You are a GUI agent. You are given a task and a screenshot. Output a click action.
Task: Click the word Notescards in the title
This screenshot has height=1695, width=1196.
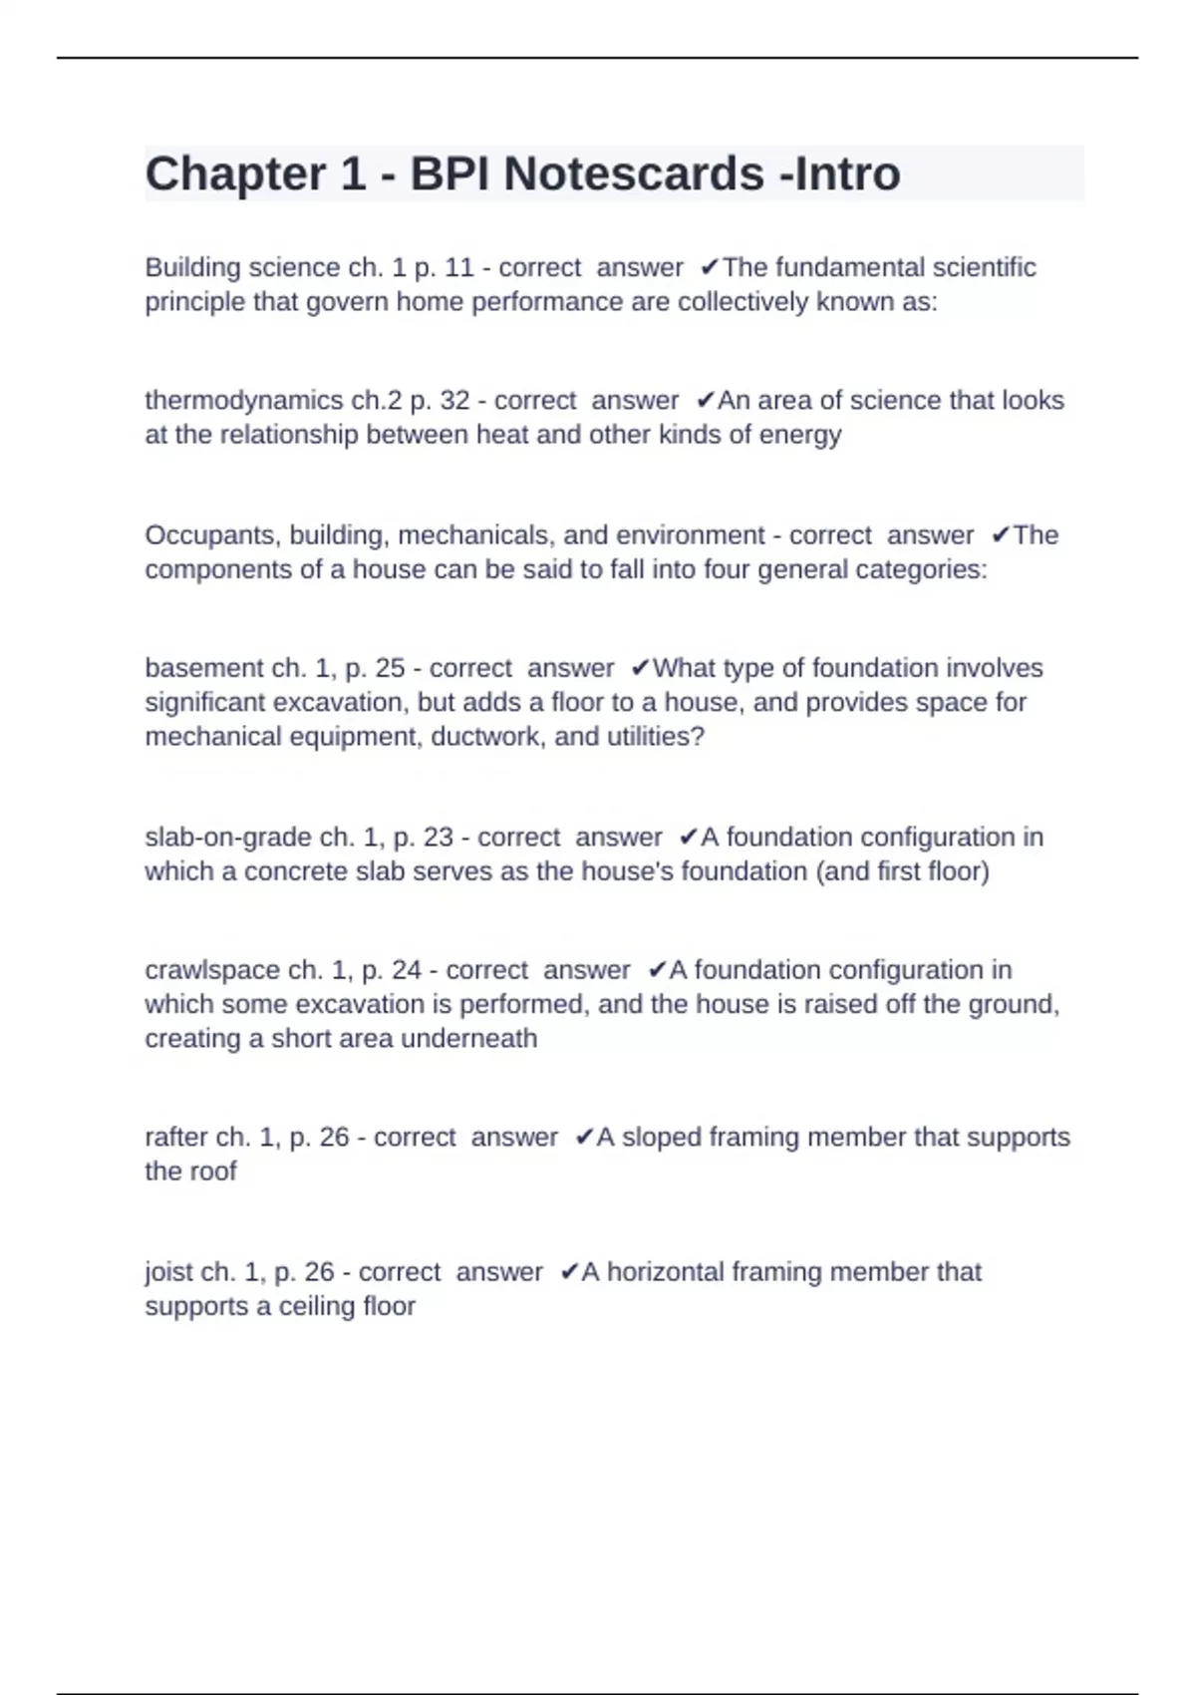pyautogui.click(x=634, y=173)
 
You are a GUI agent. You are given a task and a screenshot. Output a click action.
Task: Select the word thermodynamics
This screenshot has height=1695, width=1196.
pyautogui.click(x=244, y=401)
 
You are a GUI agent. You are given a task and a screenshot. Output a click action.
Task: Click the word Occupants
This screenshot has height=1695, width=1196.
pyautogui.click(x=213, y=535)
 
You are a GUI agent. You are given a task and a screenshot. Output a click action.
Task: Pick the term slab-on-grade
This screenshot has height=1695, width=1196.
pyautogui.click(x=228, y=838)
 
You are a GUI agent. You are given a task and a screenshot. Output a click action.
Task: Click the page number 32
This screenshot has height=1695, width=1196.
pyautogui.click(x=454, y=401)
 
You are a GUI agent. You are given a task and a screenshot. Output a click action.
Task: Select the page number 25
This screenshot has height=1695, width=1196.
pyautogui.click(x=390, y=668)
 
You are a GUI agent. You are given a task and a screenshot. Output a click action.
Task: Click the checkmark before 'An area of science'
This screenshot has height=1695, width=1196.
pyautogui.click(x=706, y=401)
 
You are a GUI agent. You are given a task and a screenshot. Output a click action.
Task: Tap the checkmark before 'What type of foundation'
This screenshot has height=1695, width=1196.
pyautogui.click(x=641, y=668)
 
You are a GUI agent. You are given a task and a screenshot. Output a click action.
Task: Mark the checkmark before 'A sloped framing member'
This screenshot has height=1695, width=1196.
pyautogui.click(x=585, y=1138)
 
